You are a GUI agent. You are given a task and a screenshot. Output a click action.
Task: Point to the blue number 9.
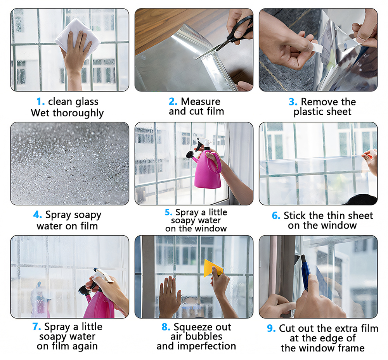[271, 329]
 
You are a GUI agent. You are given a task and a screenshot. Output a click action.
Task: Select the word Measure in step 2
[201, 102]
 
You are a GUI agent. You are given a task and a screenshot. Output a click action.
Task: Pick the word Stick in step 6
[294, 215]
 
